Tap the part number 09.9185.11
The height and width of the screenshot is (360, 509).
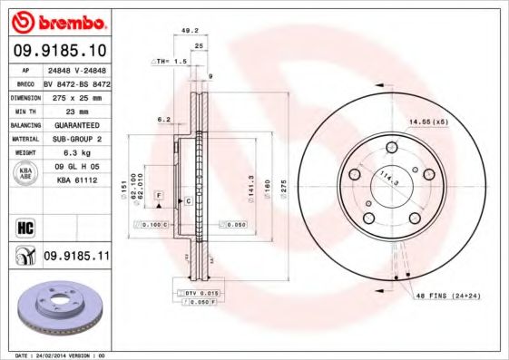pos(77,258)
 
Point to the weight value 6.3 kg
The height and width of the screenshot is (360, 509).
pos(77,153)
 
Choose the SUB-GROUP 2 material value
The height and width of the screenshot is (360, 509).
pos(77,139)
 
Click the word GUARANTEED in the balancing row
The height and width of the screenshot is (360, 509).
pos(77,124)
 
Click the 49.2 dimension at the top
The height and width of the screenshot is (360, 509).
pos(190,30)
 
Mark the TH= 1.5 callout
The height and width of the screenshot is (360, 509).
pos(169,61)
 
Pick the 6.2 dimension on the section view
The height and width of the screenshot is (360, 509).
pos(164,119)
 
